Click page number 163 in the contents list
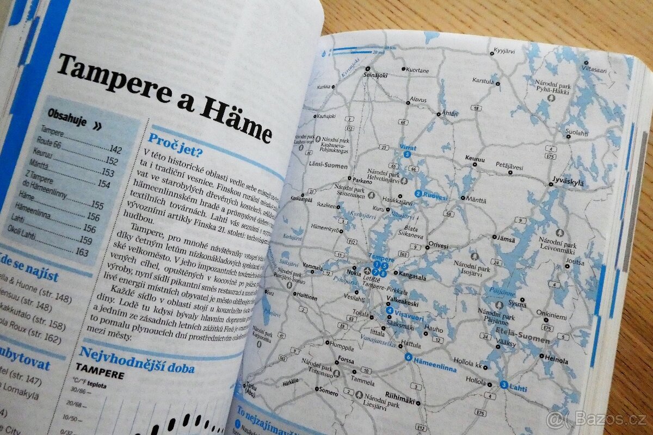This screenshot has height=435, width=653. click(x=82, y=252)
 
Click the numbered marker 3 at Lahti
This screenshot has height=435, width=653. click(x=504, y=385)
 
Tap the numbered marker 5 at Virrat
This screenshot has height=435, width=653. click(x=407, y=154)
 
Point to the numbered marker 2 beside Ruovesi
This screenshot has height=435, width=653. click(x=418, y=194)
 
